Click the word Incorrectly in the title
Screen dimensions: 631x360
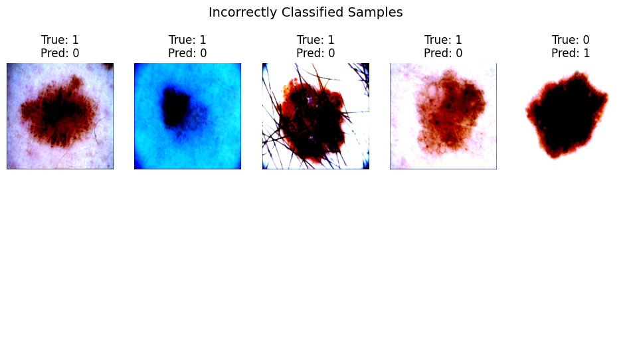click(x=243, y=13)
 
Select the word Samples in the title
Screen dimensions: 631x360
click(x=375, y=13)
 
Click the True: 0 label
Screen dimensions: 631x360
click(x=571, y=40)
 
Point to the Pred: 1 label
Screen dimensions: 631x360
click(x=571, y=53)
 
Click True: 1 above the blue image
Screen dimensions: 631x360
click(x=187, y=40)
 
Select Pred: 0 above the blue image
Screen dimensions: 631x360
click(x=187, y=53)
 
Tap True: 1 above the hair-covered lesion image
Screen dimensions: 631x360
click(x=315, y=40)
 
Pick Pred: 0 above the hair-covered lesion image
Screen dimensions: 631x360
click(x=315, y=53)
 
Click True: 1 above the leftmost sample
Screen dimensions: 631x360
click(x=60, y=40)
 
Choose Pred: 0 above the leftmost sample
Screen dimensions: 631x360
click(x=60, y=53)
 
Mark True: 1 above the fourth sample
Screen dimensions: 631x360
click(x=443, y=40)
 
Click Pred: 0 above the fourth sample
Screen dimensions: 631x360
click(x=443, y=53)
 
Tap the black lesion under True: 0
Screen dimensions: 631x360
click(x=567, y=115)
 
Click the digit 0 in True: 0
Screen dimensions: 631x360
click(x=586, y=40)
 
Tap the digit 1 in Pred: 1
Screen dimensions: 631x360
click(x=586, y=53)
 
